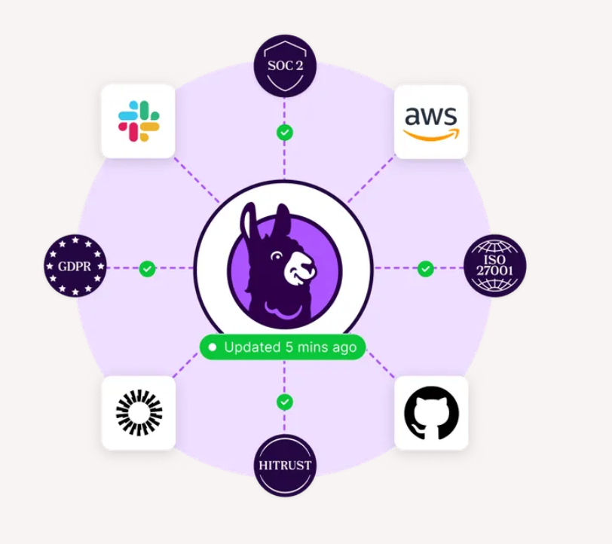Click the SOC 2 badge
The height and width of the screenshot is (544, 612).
pos(284,66)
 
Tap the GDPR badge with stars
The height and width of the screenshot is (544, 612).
pos(75,266)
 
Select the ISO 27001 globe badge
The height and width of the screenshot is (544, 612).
pos(494,266)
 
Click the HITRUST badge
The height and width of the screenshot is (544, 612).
pos(284,465)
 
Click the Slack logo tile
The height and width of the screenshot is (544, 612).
pos(139,121)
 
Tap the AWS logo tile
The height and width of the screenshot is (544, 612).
pos(430,121)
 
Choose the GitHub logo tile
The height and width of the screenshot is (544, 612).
pos(430,414)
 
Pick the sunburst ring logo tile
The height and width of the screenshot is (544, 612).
pos(139,413)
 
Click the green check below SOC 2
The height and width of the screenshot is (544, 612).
pos(284,133)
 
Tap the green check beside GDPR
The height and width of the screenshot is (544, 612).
pos(148,267)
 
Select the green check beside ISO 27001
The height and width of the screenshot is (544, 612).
pos(426,267)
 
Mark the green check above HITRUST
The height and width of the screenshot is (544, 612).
pos(284,402)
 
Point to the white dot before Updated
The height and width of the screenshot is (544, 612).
pos(213,347)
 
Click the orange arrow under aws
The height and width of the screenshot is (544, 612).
pos(430,136)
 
